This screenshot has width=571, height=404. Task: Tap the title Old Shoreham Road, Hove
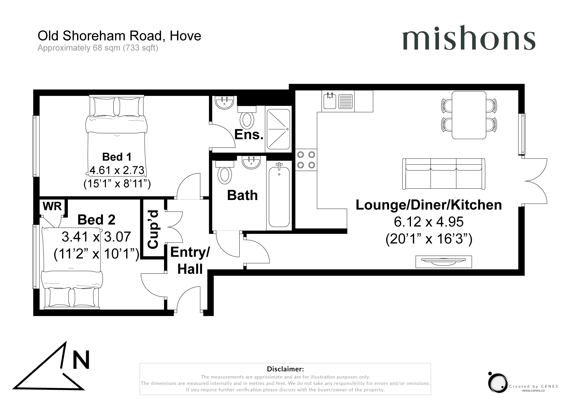pyautogui.click(x=119, y=36)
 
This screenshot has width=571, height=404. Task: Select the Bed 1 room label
pyautogui.click(x=117, y=157)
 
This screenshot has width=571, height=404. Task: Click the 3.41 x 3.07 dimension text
pyautogui.click(x=97, y=237)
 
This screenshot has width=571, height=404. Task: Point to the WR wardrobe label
pyautogui.click(x=52, y=206)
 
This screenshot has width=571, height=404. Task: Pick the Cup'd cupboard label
pyautogui.click(x=153, y=229)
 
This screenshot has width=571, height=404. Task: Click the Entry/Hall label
pyautogui.click(x=190, y=261)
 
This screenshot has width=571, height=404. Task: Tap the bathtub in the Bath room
pyautogui.click(x=279, y=195)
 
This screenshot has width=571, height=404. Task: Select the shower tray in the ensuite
pyautogui.click(x=278, y=129)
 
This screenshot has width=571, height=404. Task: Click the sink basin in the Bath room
pyautogui.click(x=251, y=162)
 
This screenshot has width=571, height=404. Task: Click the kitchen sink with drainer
pyautogui.click(x=338, y=101)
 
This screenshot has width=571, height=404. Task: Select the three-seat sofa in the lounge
pyautogui.click(x=444, y=174)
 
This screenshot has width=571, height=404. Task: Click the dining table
pyautogui.click(x=469, y=115)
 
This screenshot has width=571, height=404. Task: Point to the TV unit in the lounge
pyautogui.click(x=443, y=262)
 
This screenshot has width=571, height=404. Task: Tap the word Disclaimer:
pyautogui.click(x=285, y=369)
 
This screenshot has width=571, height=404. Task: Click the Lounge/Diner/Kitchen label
pyautogui.click(x=429, y=205)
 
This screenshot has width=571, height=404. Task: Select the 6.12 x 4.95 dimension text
pyautogui.click(x=429, y=222)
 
